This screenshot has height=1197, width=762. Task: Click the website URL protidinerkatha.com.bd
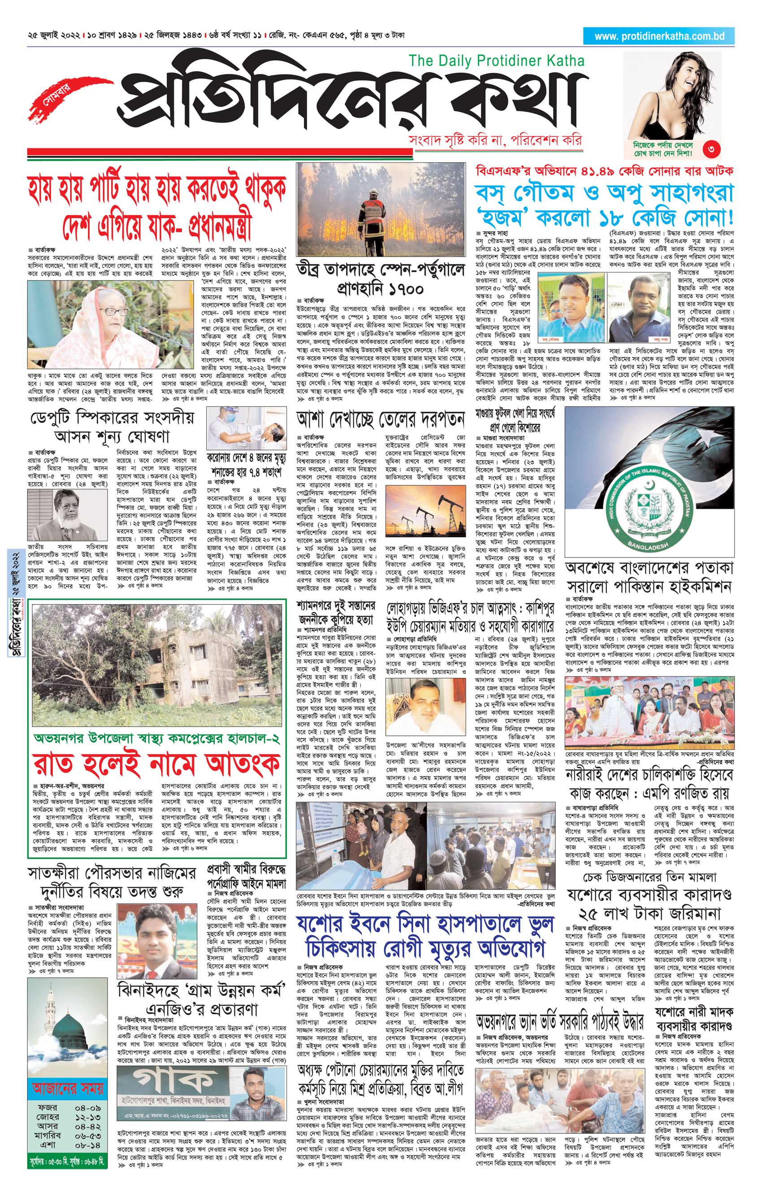coord(659,36)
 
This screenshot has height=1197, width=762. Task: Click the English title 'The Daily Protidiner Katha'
coord(496,61)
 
